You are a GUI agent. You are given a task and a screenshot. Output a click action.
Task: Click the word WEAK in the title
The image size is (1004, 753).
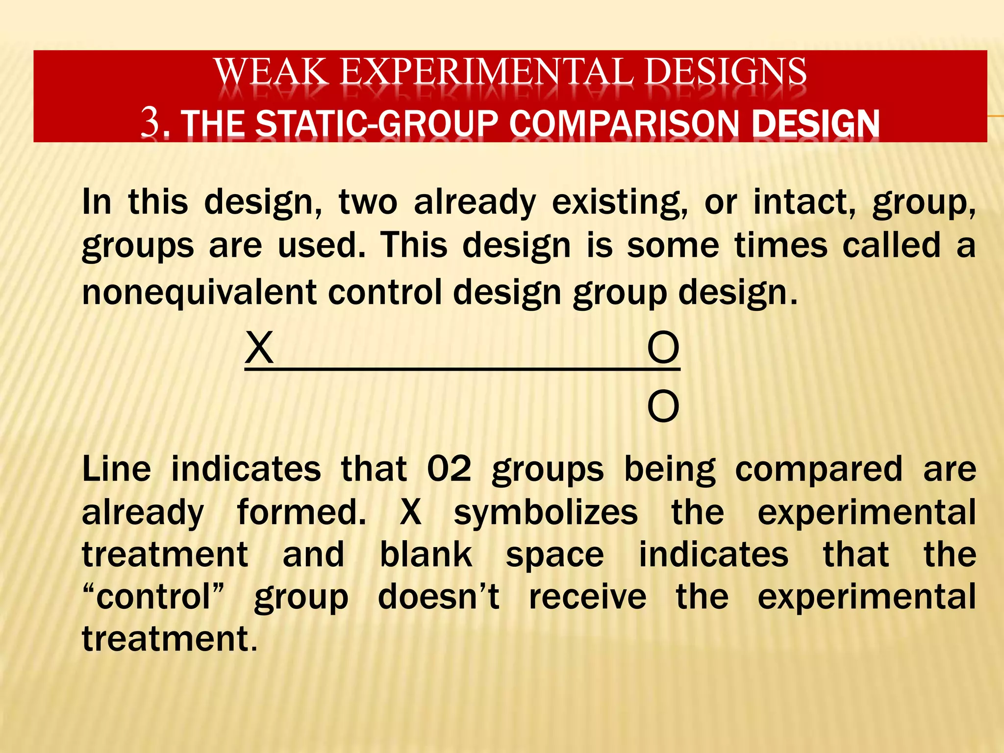point(271,72)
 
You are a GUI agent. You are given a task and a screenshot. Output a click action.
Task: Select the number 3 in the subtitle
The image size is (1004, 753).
point(151,122)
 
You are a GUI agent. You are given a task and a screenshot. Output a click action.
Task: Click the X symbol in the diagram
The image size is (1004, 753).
point(259,348)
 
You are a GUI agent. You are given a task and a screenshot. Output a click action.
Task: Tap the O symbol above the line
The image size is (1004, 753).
point(663,348)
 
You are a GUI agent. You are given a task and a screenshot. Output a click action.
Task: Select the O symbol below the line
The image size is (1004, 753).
point(663,406)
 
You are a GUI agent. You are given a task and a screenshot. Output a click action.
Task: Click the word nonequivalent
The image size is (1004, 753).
point(200,292)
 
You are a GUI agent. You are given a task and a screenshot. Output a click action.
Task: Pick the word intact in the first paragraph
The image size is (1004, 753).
point(804,202)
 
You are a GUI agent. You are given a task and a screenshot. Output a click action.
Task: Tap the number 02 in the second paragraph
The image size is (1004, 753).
point(449,469)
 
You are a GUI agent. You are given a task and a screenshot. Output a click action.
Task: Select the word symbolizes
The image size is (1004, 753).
point(546,513)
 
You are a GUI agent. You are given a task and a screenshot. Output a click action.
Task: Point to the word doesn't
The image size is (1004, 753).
point(439,597)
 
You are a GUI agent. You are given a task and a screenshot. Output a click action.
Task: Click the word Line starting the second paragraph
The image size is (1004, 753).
point(117,469)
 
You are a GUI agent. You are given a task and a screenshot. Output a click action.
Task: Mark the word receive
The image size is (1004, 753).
point(588,597)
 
